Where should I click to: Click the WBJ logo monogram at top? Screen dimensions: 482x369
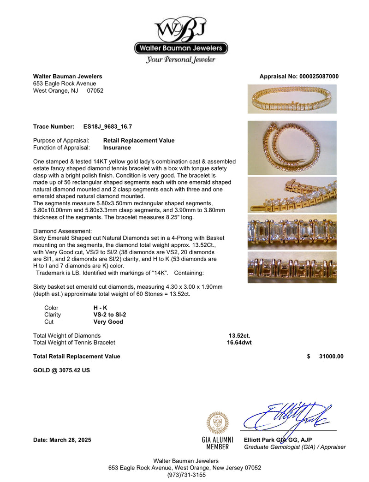181,29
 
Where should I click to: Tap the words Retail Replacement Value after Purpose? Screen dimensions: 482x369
139,141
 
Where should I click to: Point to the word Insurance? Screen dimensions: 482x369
117,148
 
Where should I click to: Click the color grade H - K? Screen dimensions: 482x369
100,308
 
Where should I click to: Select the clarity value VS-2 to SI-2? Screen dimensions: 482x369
110,315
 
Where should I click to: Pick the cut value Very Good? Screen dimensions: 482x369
108,322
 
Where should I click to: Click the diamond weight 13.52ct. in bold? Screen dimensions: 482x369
239,336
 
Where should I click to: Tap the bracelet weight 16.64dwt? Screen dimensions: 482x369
239,343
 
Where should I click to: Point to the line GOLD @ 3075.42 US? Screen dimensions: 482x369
61,370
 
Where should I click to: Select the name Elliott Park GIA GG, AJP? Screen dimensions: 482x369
278,440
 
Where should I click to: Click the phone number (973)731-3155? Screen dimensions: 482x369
184,475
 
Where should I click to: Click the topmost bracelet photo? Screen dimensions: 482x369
292,99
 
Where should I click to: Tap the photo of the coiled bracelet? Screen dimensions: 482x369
292,148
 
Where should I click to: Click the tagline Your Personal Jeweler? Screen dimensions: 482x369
181,60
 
